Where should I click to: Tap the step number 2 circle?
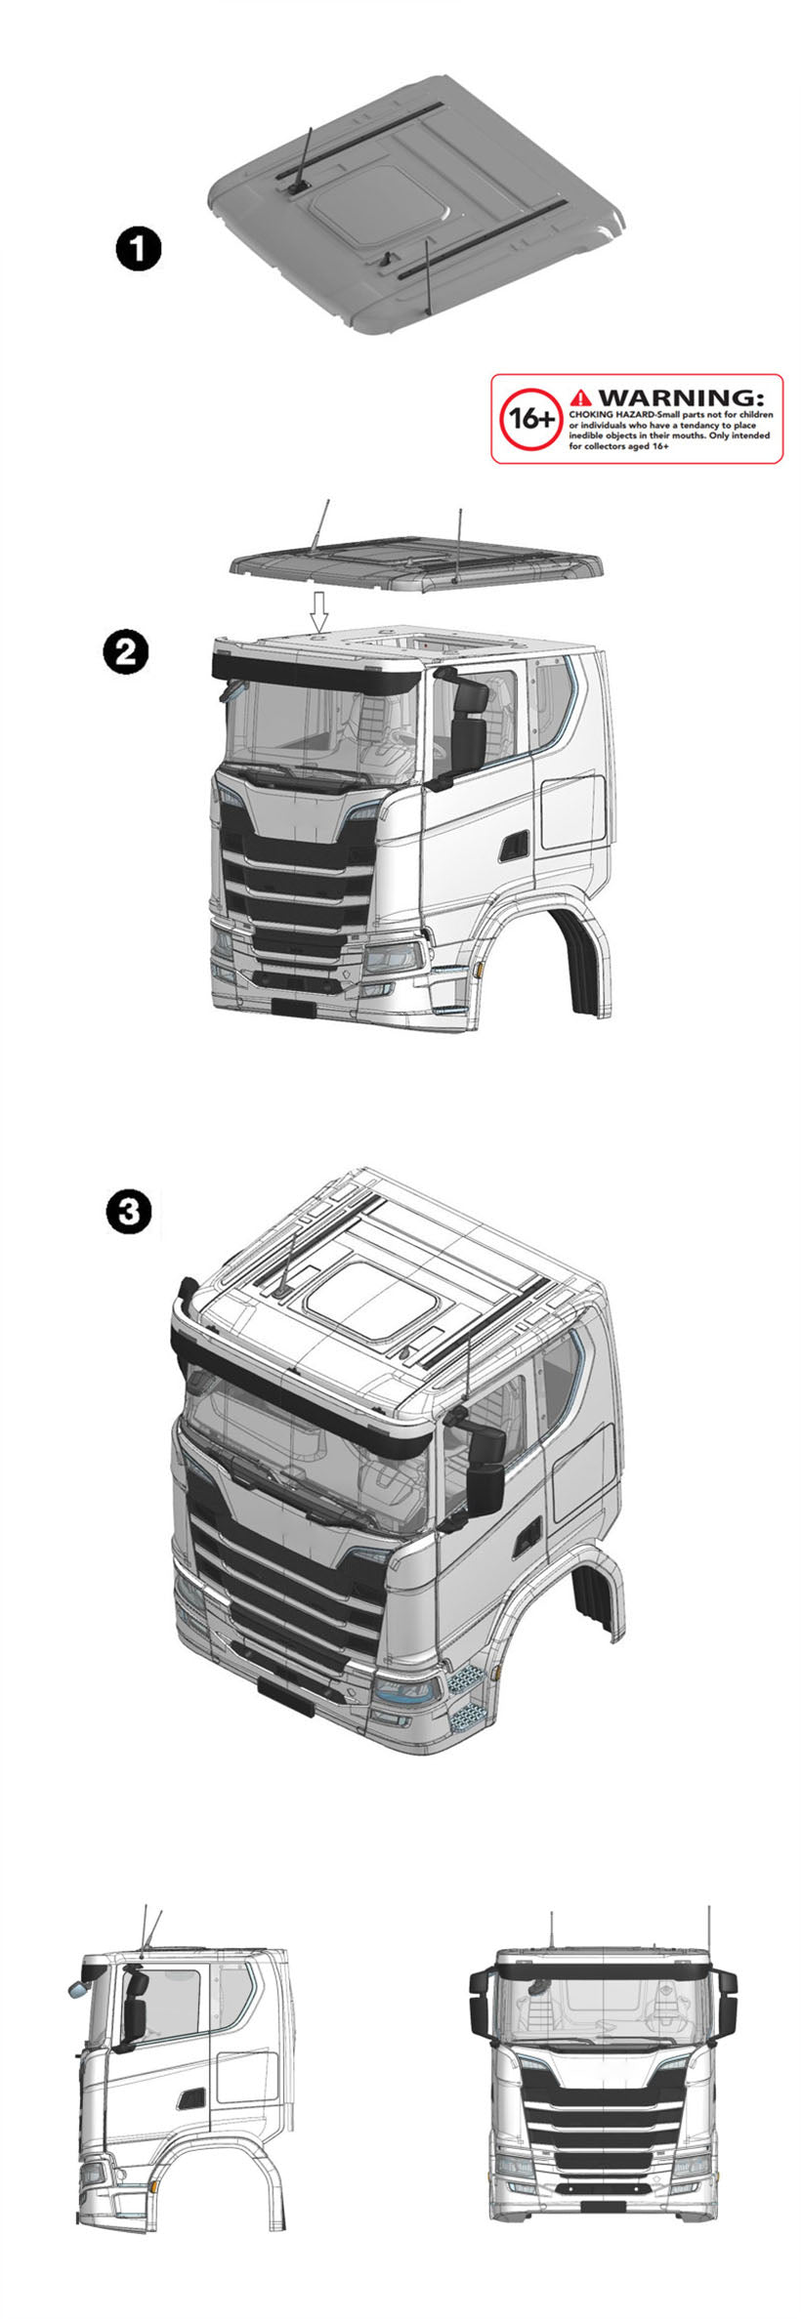(x=127, y=651)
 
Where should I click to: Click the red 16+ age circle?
(x=531, y=419)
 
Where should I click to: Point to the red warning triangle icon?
(x=581, y=397)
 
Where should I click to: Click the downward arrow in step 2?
(x=317, y=611)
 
